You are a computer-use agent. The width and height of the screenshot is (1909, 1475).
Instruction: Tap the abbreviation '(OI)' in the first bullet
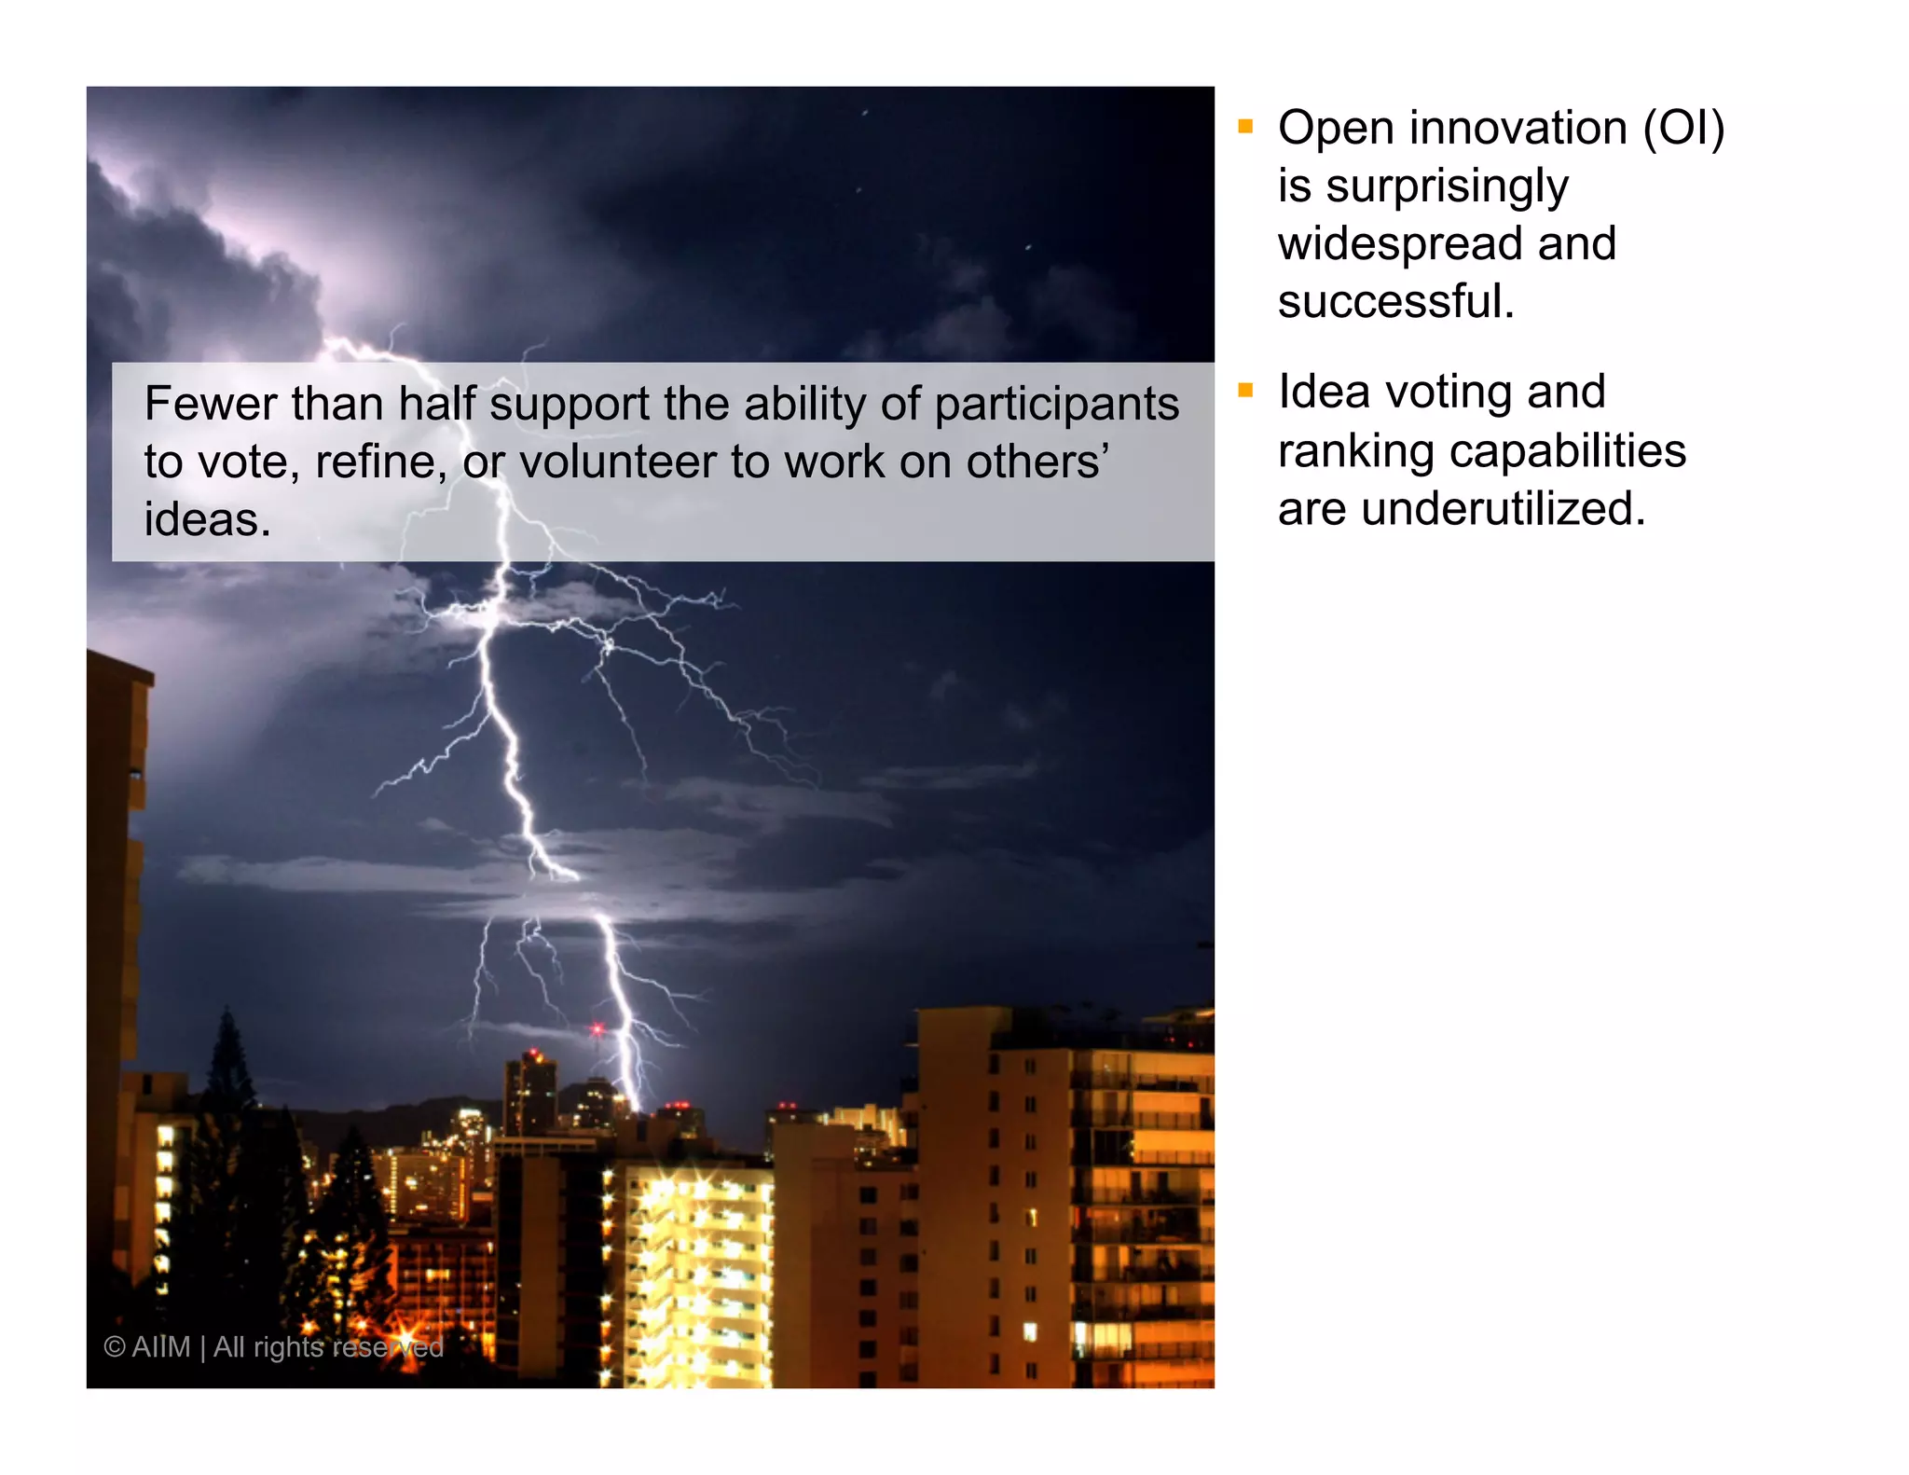point(1683,129)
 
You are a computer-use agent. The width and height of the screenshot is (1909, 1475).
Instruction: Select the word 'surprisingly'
point(1448,187)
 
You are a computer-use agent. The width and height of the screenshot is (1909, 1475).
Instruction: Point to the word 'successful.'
point(1395,302)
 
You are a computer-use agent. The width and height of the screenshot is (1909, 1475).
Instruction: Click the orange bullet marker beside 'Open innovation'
point(1245,126)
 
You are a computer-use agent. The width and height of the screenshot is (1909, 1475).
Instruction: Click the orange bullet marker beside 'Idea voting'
point(1245,391)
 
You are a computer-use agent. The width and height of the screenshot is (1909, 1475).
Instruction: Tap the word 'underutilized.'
point(1503,510)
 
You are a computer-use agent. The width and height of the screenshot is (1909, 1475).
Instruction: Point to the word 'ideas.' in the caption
point(207,520)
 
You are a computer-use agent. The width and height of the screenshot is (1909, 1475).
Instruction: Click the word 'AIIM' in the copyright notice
point(161,1347)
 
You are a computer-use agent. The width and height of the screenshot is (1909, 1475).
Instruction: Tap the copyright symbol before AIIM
point(114,1347)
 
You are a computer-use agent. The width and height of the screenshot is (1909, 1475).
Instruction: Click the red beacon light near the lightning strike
point(597,1029)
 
